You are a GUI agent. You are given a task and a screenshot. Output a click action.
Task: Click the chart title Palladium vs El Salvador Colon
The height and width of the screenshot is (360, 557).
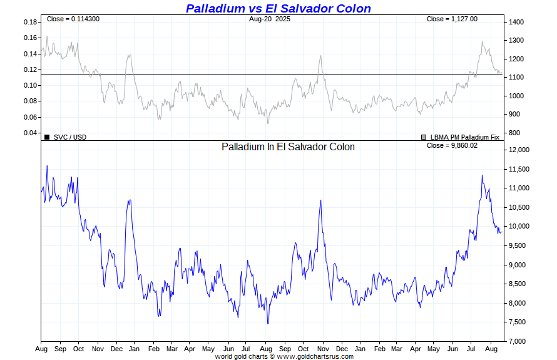pos(278,9)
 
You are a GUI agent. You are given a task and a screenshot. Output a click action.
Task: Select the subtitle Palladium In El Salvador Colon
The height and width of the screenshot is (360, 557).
pos(288,147)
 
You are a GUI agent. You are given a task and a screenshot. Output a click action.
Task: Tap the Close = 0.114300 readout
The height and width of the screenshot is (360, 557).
pos(73,19)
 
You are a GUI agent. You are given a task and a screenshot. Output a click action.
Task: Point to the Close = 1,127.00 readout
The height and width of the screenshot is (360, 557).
pos(452,19)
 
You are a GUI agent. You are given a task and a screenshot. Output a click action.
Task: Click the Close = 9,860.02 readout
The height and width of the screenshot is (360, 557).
pos(452,145)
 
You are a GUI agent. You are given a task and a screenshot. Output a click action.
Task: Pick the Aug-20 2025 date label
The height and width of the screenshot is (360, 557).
pos(269,19)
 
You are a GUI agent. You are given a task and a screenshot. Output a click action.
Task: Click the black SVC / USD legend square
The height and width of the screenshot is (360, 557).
pos(47,136)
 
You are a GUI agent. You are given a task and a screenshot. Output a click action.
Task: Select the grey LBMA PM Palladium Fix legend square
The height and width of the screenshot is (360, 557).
pos(424,136)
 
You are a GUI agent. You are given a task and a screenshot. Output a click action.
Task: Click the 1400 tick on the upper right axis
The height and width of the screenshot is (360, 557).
pos(516,23)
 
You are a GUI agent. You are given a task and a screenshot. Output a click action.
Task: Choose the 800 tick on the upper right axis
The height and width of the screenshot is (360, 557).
pos(514,133)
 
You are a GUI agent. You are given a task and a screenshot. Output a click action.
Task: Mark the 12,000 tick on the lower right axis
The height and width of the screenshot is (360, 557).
pos(519,150)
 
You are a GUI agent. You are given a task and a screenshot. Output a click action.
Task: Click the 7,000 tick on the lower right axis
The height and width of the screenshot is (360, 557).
pos(518,341)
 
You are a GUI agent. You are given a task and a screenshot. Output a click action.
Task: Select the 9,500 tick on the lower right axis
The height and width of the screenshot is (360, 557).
pos(518,246)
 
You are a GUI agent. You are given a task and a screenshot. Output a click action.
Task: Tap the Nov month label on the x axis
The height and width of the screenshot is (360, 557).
pos(98,349)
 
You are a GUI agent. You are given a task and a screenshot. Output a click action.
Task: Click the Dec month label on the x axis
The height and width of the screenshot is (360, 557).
pos(116,349)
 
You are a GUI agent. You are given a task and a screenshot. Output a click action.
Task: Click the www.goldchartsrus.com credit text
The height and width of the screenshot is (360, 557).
pos(315,356)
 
